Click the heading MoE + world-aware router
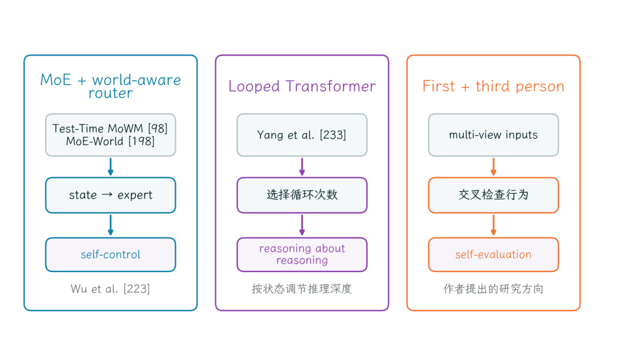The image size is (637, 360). (110, 86)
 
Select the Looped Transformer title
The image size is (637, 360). (302, 86)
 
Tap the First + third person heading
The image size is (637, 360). (493, 86)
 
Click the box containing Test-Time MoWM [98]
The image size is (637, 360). (110, 135)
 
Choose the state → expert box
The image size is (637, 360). (110, 195)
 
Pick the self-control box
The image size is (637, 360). (110, 255)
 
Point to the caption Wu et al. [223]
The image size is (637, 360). (110, 289)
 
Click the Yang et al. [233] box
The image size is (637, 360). (302, 135)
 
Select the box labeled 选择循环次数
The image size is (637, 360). (302, 195)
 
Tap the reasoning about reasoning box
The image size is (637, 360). (302, 255)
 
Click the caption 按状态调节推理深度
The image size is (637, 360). (302, 289)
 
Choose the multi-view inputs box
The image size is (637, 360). (493, 135)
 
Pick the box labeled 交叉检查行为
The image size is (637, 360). (493, 195)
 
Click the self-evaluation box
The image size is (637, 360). (493, 255)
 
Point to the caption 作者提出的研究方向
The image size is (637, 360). (493, 289)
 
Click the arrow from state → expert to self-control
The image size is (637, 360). (110, 225)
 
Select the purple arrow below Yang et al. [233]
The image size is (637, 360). (302, 166)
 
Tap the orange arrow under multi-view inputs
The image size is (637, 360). (493, 166)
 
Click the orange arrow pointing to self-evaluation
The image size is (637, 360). (493, 225)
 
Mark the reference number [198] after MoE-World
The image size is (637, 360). (142, 142)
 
